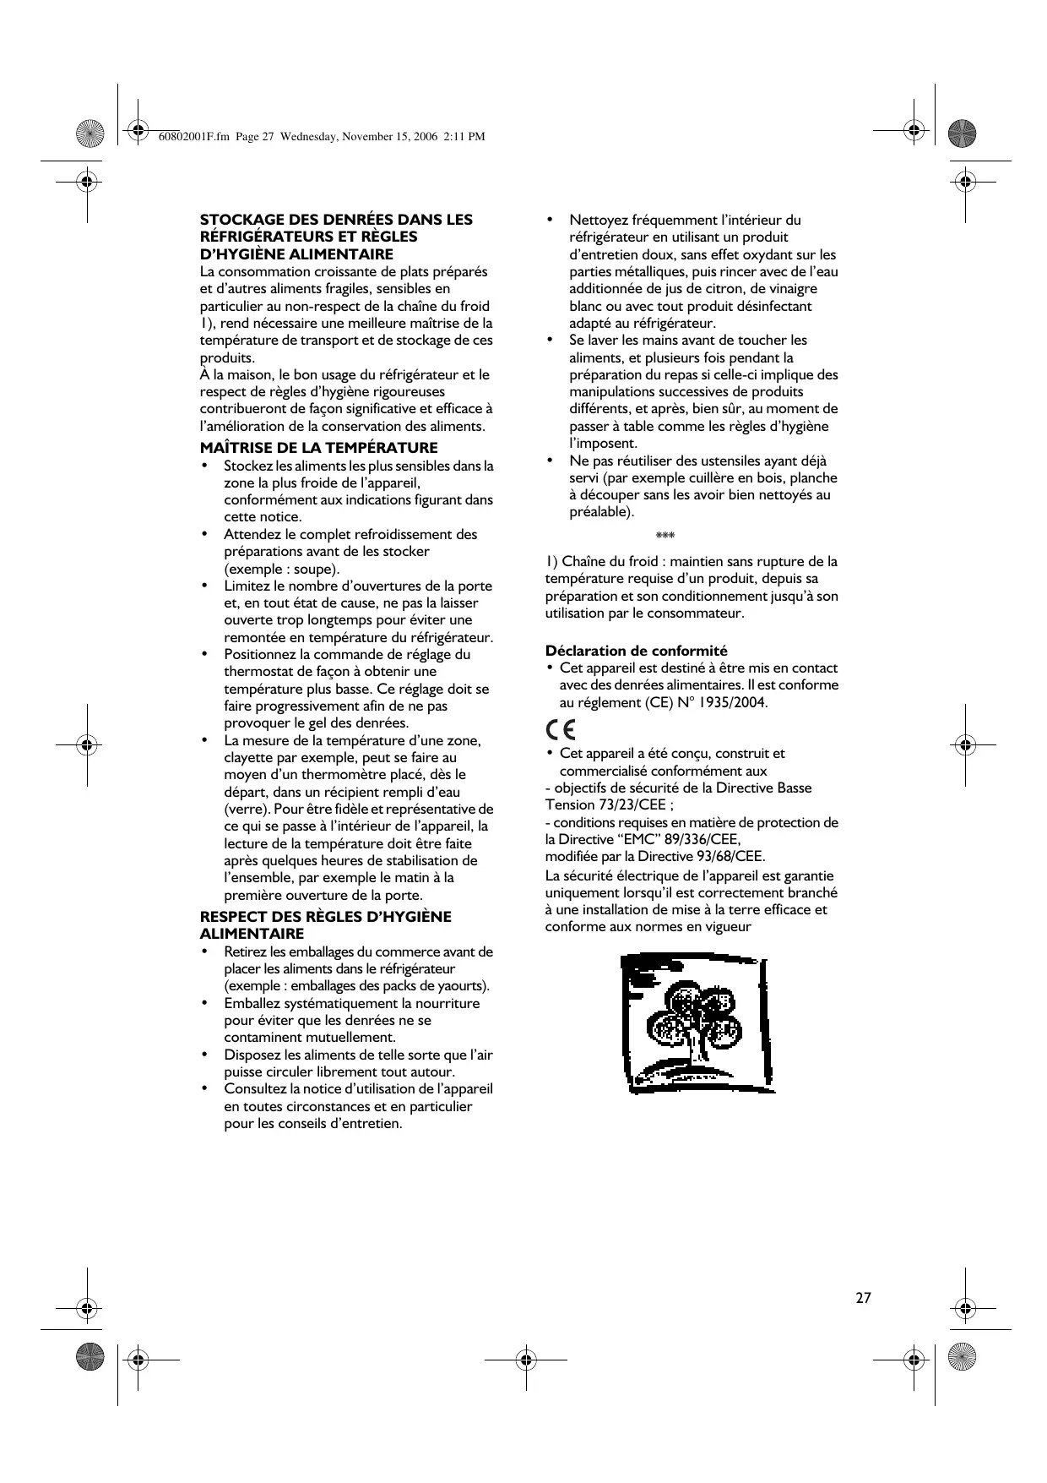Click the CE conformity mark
(561, 729)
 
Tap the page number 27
(863, 1298)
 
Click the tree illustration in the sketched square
(694, 1024)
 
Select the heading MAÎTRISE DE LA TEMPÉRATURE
(318, 448)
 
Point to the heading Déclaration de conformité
(636, 651)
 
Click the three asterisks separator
(665, 537)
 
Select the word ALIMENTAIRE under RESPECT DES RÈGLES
(251, 934)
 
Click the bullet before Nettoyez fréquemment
(550, 220)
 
